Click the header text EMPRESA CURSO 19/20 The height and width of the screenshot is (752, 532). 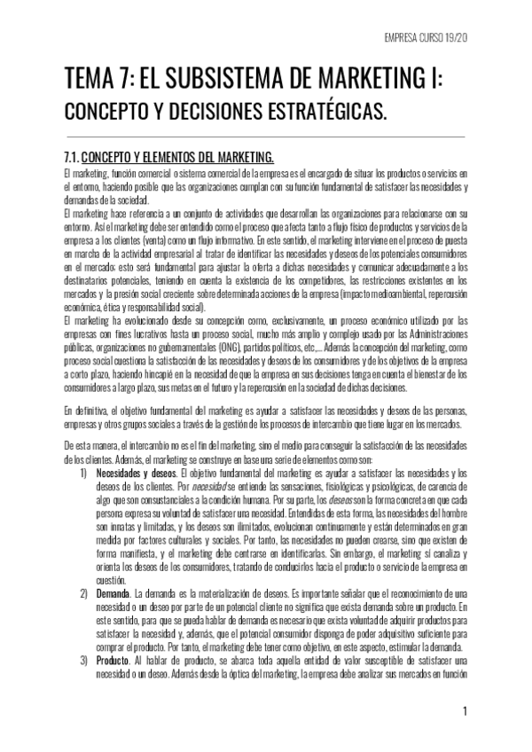click(420, 38)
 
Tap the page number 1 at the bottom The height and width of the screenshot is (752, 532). click(465, 712)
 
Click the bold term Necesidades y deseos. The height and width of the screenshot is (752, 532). click(133, 474)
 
